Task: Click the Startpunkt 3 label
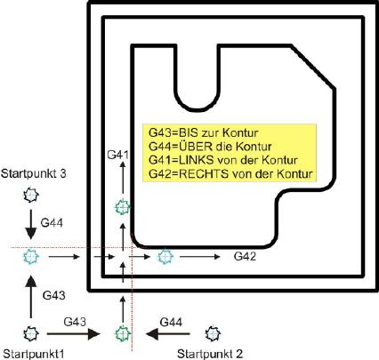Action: point(33,173)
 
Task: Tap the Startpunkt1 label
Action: point(33,354)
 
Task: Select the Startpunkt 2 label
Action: point(210,354)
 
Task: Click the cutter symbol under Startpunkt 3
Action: point(31,195)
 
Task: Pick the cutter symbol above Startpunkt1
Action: point(31,333)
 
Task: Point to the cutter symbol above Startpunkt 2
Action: point(213,333)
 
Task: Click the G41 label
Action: point(118,155)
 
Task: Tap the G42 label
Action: point(245,256)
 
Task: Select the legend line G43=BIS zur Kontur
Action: point(204,132)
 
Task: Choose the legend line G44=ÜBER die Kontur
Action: point(210,147)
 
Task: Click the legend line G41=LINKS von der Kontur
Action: point(223,160)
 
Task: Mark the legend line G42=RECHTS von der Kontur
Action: point(230,173)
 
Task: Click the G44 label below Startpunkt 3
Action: point(52,222)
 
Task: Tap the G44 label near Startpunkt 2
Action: point(171,322)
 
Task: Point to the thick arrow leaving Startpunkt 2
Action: point(168,334)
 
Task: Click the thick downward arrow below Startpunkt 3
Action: point(31,224)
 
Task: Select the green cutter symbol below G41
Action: point(123,207)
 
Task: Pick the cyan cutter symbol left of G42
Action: point(165,257)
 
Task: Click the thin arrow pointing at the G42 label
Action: point(200,257)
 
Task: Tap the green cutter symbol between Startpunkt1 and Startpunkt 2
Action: point(123,333)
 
